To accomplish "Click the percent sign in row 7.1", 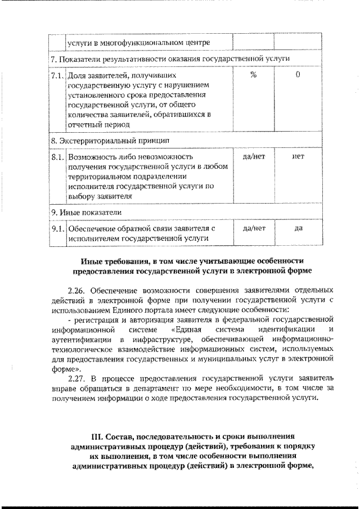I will point(253,75).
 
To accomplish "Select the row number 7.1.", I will point(57,75).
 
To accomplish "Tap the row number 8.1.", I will point(57,156).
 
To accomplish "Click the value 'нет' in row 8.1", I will point(298,156).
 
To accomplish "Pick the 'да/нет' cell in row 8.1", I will point(253,156).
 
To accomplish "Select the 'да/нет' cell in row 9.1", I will point(253,228).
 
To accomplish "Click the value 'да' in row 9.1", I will point(298,228).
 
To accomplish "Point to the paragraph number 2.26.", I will point(76,291).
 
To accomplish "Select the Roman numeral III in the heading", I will point(96,436).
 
